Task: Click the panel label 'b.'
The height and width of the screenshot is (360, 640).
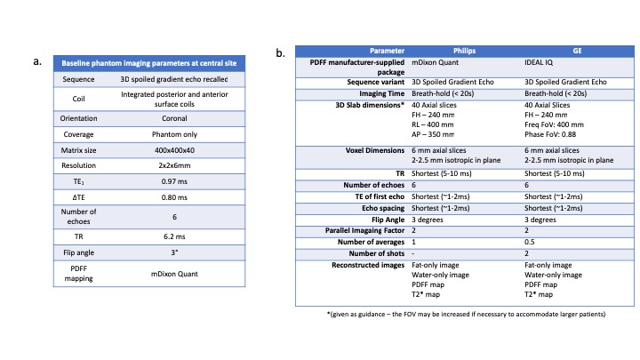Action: [282, 53]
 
